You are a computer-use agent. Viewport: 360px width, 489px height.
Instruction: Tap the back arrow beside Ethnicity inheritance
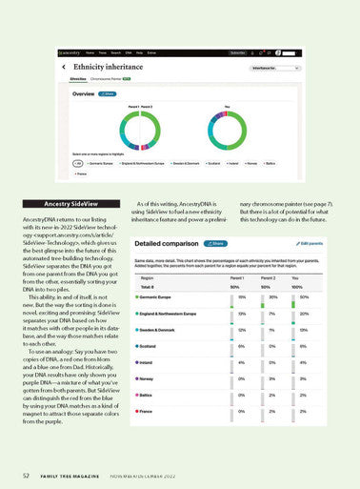click(x=64, y=68)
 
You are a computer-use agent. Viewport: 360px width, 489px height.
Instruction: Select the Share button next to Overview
click(x=109, y=94)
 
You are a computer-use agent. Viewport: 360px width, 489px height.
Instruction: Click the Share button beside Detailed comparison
click(x=211, y=243)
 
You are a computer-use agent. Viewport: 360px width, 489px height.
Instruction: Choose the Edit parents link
click(x=306, y=243)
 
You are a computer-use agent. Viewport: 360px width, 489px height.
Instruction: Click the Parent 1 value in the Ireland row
click(x=242, y=362)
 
